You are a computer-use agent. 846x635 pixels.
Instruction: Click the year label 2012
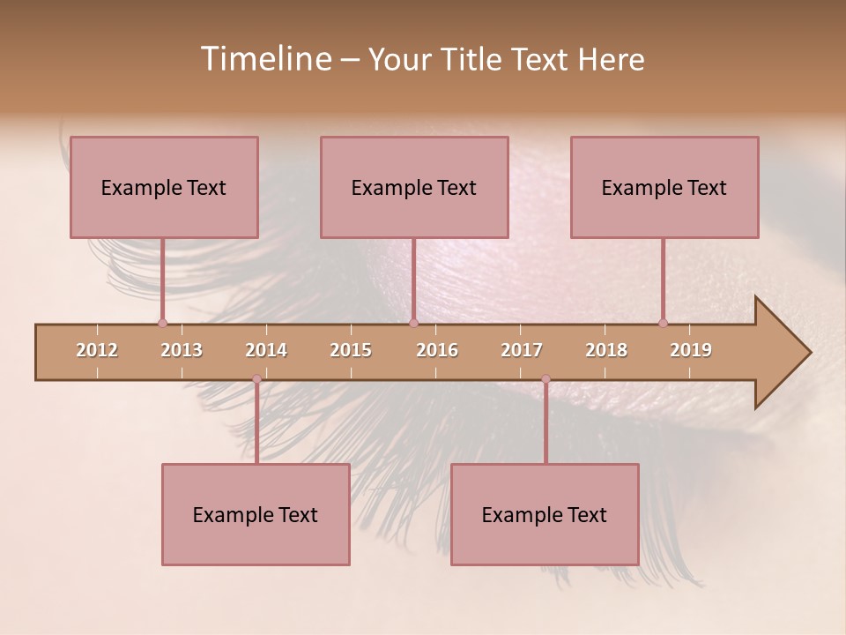click(x=97, y=350)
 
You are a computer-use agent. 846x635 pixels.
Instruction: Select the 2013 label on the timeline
click(x=182, y=350)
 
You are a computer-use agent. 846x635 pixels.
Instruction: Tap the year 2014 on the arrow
click(x=266, y=350)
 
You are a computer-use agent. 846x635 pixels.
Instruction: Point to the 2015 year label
click(x=351, y=350)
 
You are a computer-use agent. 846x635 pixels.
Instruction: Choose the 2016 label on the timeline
click(x=437, y=350)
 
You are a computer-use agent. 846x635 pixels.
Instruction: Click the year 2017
click(x=522, y=350)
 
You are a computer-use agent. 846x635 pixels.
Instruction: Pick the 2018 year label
click(x=606, y=350)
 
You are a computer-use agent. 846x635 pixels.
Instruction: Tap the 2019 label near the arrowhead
click(x=691, y=350)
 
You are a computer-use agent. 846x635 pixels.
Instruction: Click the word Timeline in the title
click(x=263, y=59)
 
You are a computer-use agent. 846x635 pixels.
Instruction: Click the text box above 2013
click(x=164, y=187)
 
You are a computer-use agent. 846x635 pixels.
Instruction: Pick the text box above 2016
click(x=414, y=187)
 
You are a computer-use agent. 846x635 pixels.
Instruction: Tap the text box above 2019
click(x=664, y=187)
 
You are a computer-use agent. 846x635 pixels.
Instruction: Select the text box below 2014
click(x=256, y=514)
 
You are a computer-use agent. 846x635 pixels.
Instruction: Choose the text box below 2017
click(x=545, y=514)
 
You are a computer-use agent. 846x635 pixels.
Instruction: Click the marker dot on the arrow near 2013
click(x=162, y=323)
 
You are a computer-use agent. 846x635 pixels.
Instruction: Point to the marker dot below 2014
click(x=256, y=379)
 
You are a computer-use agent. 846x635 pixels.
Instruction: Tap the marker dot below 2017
click(x=545, y=379)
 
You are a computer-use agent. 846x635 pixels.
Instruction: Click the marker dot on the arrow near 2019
click(x=663, y=323)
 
